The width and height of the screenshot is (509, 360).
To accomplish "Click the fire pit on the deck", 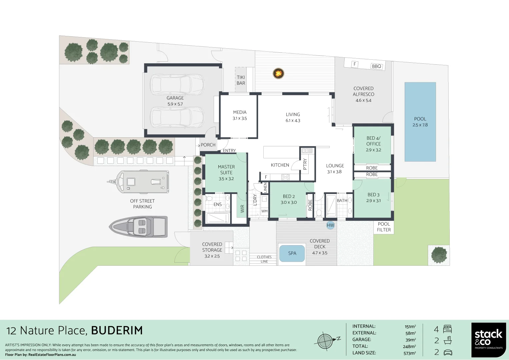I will click(x=278, y=73).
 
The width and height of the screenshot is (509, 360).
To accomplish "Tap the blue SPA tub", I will click(x=292, y=253).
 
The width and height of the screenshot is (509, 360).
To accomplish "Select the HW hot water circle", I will click(x=330, y=225).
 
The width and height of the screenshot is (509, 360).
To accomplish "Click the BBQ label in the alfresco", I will click(x=376, y=66).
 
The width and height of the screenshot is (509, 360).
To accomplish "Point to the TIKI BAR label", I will click(x=241, y=80).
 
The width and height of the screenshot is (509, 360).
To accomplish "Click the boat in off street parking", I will click(x=139, y=226).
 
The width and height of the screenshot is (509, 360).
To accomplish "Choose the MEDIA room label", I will click(x=240, y=112).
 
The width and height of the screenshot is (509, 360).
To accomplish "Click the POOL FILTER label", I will click(x=384, y=227).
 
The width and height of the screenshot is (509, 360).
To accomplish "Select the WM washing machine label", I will click(x=264, y=211).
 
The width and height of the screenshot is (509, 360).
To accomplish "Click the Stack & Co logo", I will click(x=488, y=340).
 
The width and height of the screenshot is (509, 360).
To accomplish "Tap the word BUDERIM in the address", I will click(x=117, y=331).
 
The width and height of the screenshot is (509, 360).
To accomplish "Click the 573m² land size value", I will click(x=410, y=353).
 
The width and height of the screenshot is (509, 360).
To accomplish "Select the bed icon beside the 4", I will click(x=447, y=329).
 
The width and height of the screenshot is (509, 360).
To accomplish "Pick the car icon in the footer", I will click(x=447, y=352).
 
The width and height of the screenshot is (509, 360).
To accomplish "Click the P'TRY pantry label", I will click(x=305, y=164).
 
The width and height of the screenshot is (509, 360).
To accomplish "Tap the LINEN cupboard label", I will click(x=265, y=188).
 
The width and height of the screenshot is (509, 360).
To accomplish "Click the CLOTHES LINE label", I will click(x=264, y=259).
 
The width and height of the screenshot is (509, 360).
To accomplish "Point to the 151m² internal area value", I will click(x=410, y=327).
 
